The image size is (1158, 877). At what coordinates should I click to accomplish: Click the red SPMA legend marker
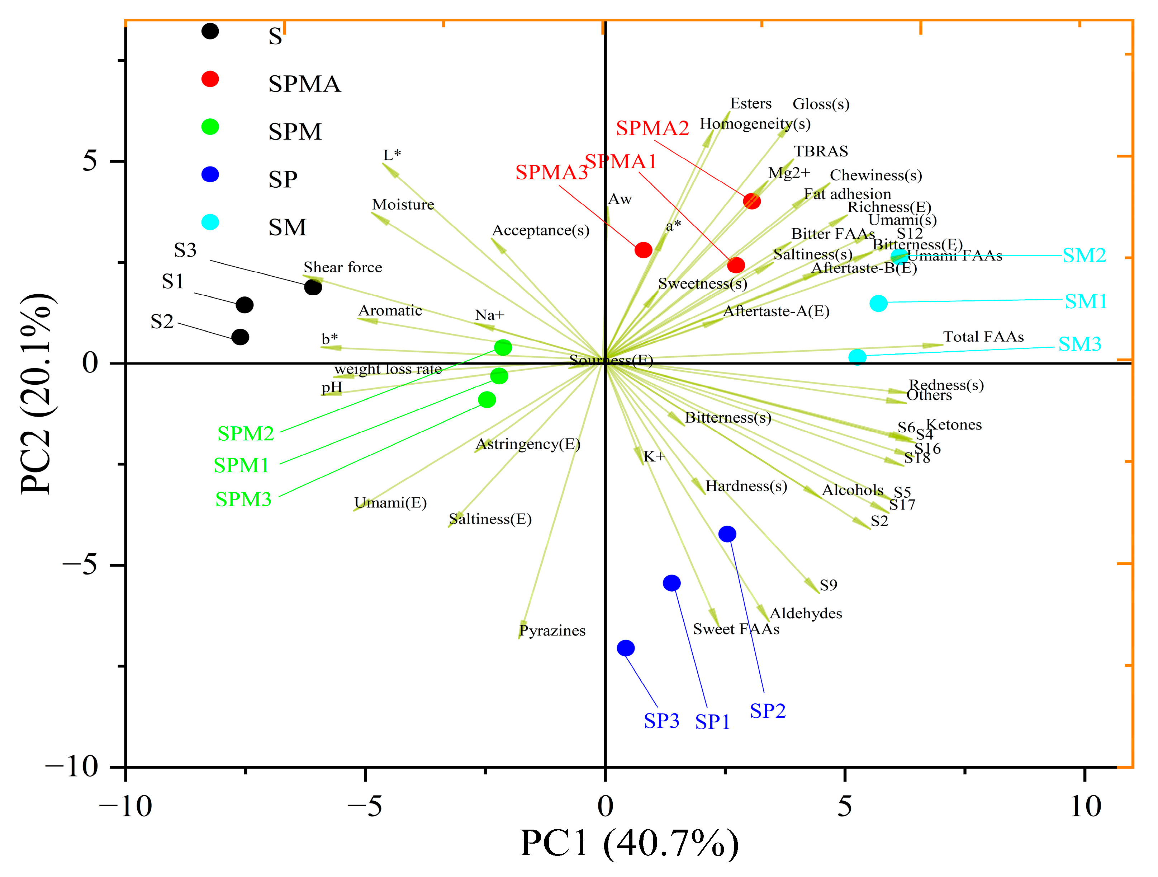pos(210,79)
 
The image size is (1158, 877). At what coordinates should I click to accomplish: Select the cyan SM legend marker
pos(210,222)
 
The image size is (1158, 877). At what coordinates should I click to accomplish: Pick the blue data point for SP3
pos(626,648)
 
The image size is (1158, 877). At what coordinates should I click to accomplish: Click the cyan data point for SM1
pos(878,303)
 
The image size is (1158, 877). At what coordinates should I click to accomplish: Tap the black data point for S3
pos(313,287)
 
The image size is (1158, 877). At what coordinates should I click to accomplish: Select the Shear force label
pos(343,267)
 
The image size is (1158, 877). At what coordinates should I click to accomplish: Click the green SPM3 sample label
pos(243,499)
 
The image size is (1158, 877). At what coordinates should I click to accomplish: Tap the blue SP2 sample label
pos(768,711)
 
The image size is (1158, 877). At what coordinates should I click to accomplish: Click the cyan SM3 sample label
pos(1079,344)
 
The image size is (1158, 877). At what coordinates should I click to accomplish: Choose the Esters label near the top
pos(751,104)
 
